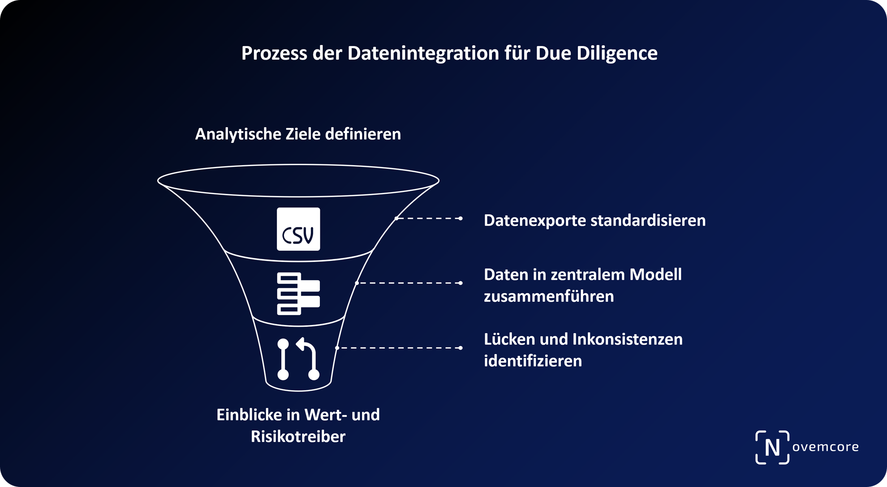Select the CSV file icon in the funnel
[x=298, y=229]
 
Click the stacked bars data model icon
[x=298, y=294]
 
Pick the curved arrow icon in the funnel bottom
[x=298, y=359]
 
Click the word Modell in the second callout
[x=655, y=274]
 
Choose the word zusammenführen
[x=549, y=296]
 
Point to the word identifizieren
[x=533, y=361]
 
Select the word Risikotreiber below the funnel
[x=298, y=436]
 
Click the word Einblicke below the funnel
[x=249, y=415]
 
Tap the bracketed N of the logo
[x=772, y=447]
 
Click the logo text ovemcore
[x=825, y=447]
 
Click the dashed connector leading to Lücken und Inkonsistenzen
[x=399, y=348]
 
